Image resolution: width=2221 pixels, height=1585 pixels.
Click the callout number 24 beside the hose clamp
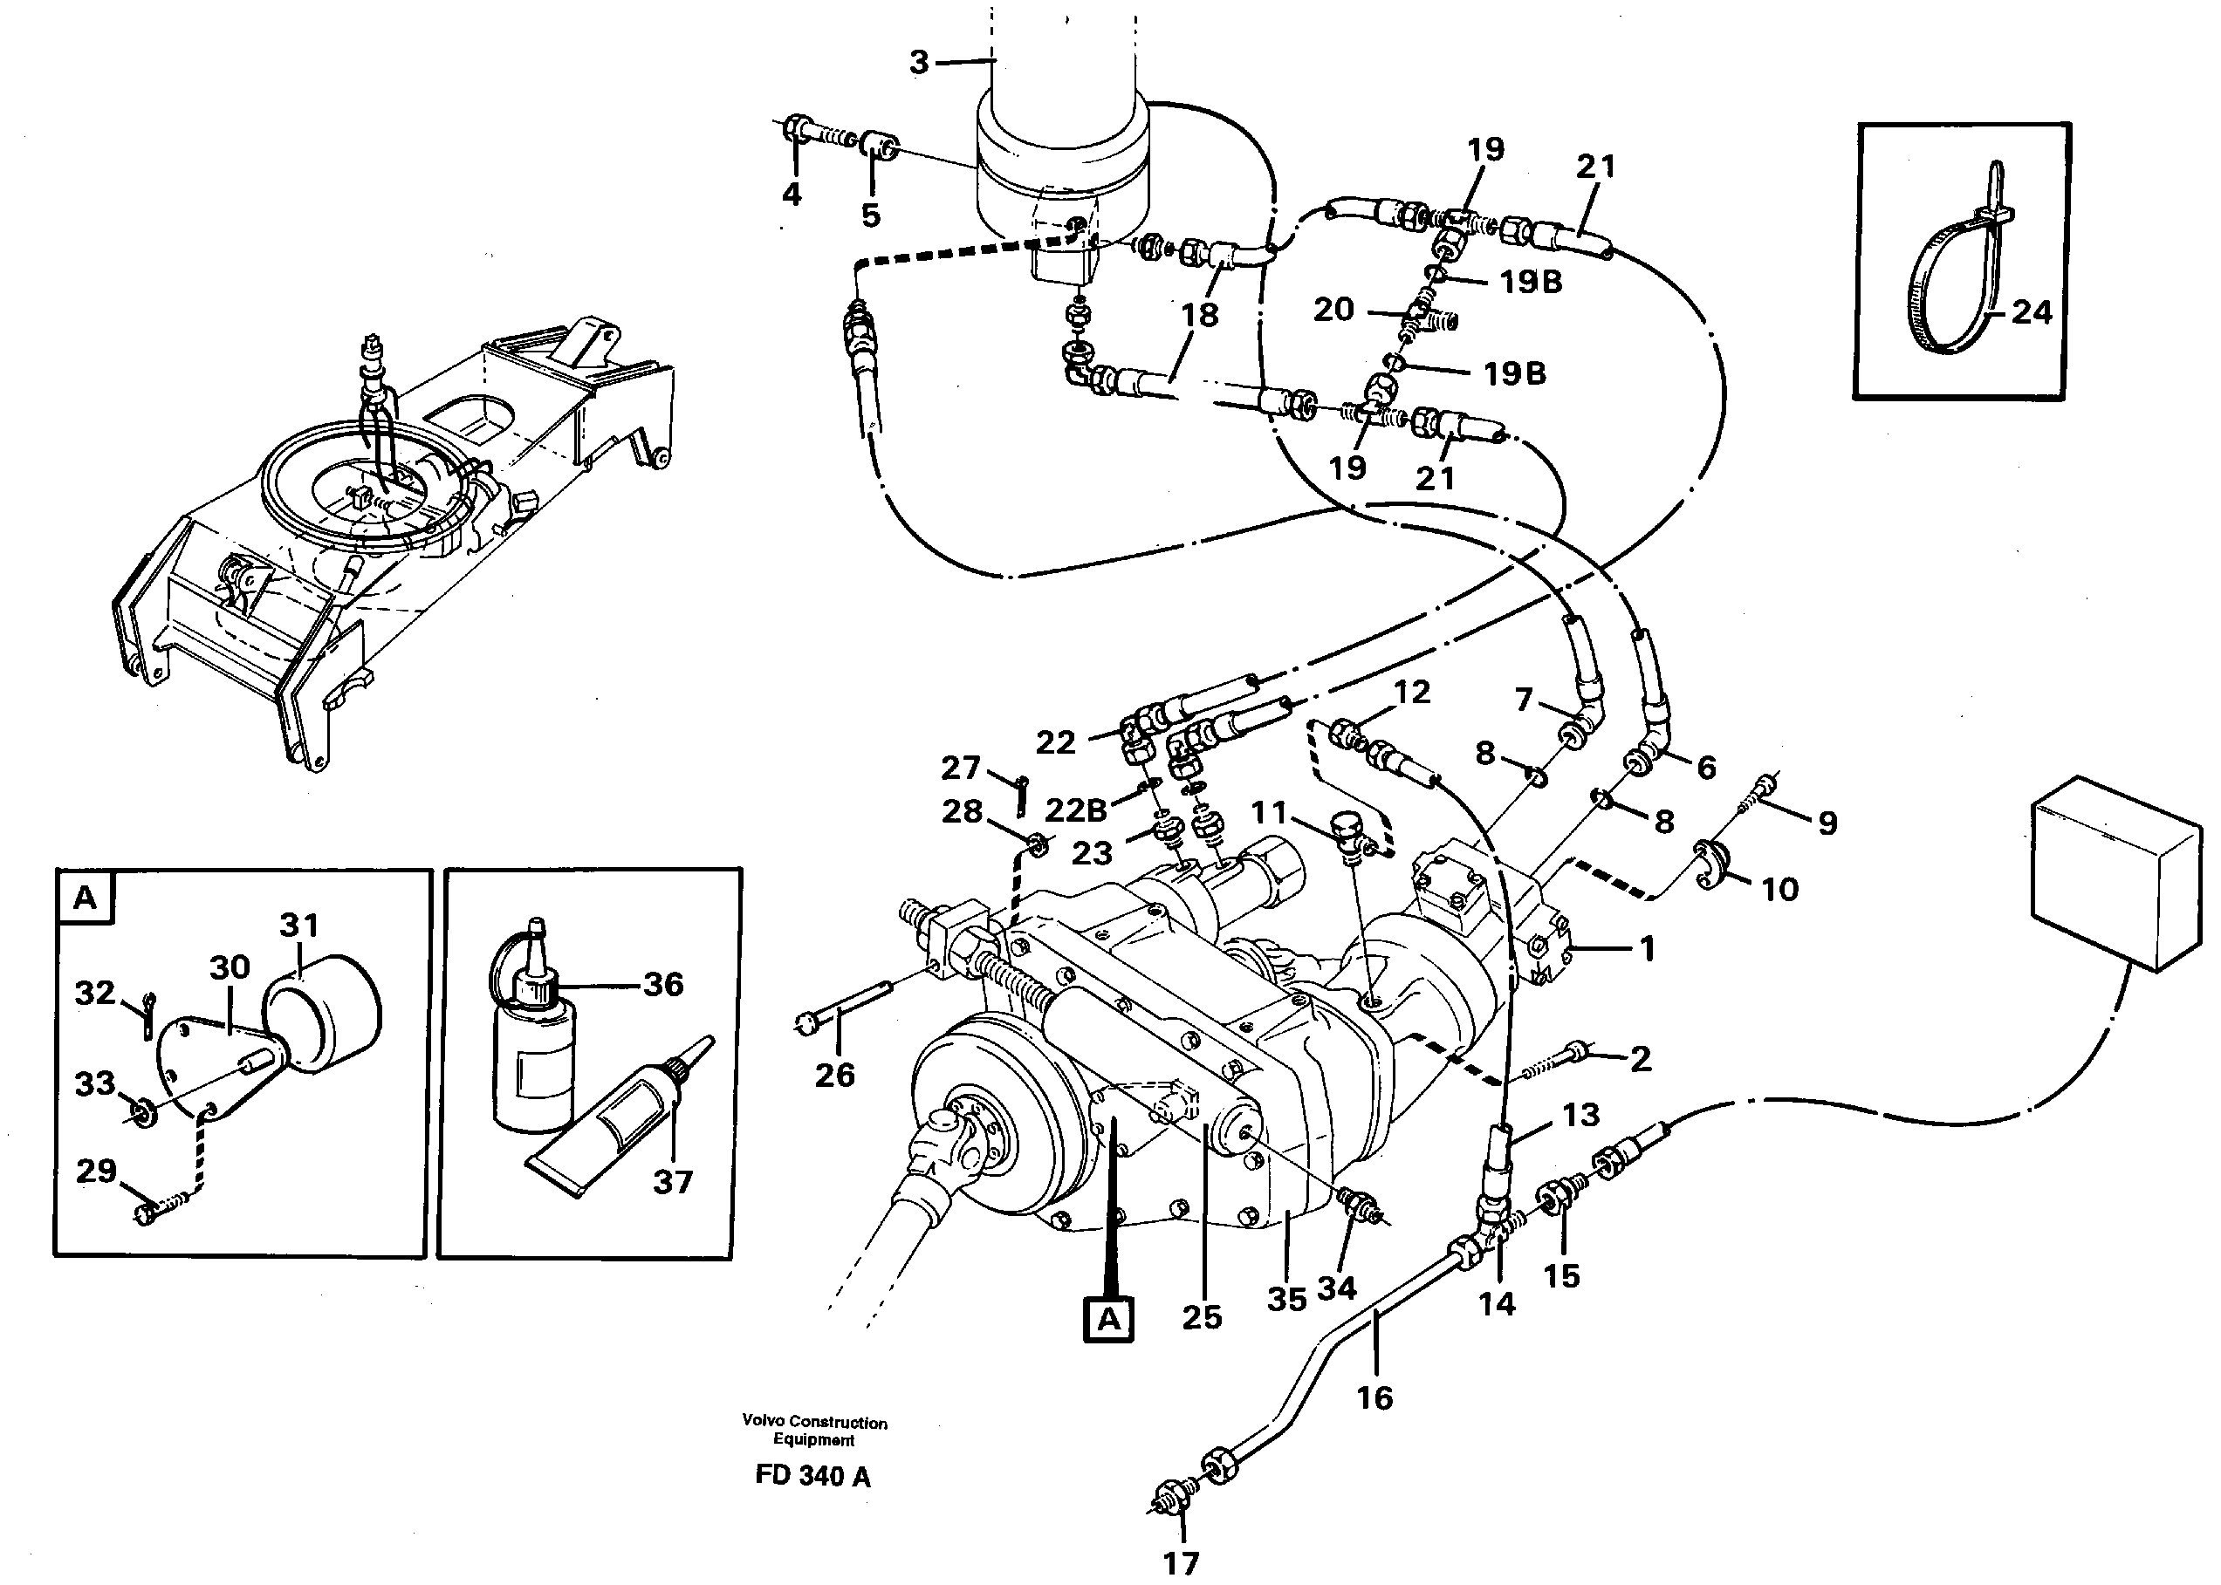pyautogui.click(x=2032, y=312)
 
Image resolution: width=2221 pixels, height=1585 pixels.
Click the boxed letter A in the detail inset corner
pyautogui.click(x=85, y=897)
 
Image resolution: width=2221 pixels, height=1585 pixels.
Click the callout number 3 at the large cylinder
pyautogui.click(x=919, y=63)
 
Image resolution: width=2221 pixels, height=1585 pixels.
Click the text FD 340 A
pyautogui.click(x=812, y=1477)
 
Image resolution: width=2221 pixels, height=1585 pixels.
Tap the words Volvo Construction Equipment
pyautogui.click(x=814, y=1431)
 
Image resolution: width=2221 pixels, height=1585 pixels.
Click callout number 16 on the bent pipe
pyautogui.click(x=1374, y=1397)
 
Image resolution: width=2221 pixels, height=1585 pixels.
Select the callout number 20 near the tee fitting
pyautogui.click(x=1333, y=310)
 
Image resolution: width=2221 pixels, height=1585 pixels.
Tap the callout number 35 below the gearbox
pyautogui.click(x=1285, y=1299)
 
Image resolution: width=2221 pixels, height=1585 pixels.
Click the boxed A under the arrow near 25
pyautogui.click(x=1108, y=1320)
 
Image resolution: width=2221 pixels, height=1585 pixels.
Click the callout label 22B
pyautogui.click(x=1076, y=810)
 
